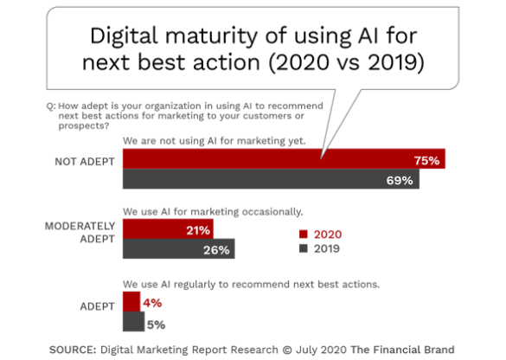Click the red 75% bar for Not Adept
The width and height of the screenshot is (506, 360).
click(284, 158)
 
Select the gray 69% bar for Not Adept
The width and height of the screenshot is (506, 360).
click(271, 178)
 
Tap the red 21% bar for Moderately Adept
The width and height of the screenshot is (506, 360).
click(168, 228)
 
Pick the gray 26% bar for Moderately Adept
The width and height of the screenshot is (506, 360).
click(179, 248)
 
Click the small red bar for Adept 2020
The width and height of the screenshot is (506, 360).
click(131, 301)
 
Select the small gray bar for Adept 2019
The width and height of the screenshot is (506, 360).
click(133, 322)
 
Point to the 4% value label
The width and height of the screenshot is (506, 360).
click(152, 303)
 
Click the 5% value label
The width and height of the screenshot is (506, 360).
click(157, 325)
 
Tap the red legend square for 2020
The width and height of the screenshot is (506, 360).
click(304, 234)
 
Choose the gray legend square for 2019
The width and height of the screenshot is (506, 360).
click(304, 248)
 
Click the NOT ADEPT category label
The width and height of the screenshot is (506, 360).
click(85, 162)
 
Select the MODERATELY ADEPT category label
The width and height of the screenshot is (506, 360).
click(80, 233)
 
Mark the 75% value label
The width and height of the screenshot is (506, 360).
click(426, 160)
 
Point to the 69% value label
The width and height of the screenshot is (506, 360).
click(400, 180)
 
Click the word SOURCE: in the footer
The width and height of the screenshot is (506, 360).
click(73, 350)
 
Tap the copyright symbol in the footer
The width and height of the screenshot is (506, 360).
click(287, 350)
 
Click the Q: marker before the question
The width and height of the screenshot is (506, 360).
click(51, 106)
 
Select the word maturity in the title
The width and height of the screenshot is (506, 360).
click(211, 36)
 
